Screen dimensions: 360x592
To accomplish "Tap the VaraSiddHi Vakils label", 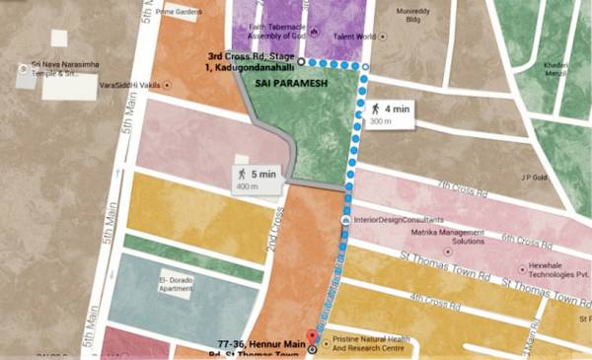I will tap(128, 86).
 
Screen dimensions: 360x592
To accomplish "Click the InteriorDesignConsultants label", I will tap(396, 219).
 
